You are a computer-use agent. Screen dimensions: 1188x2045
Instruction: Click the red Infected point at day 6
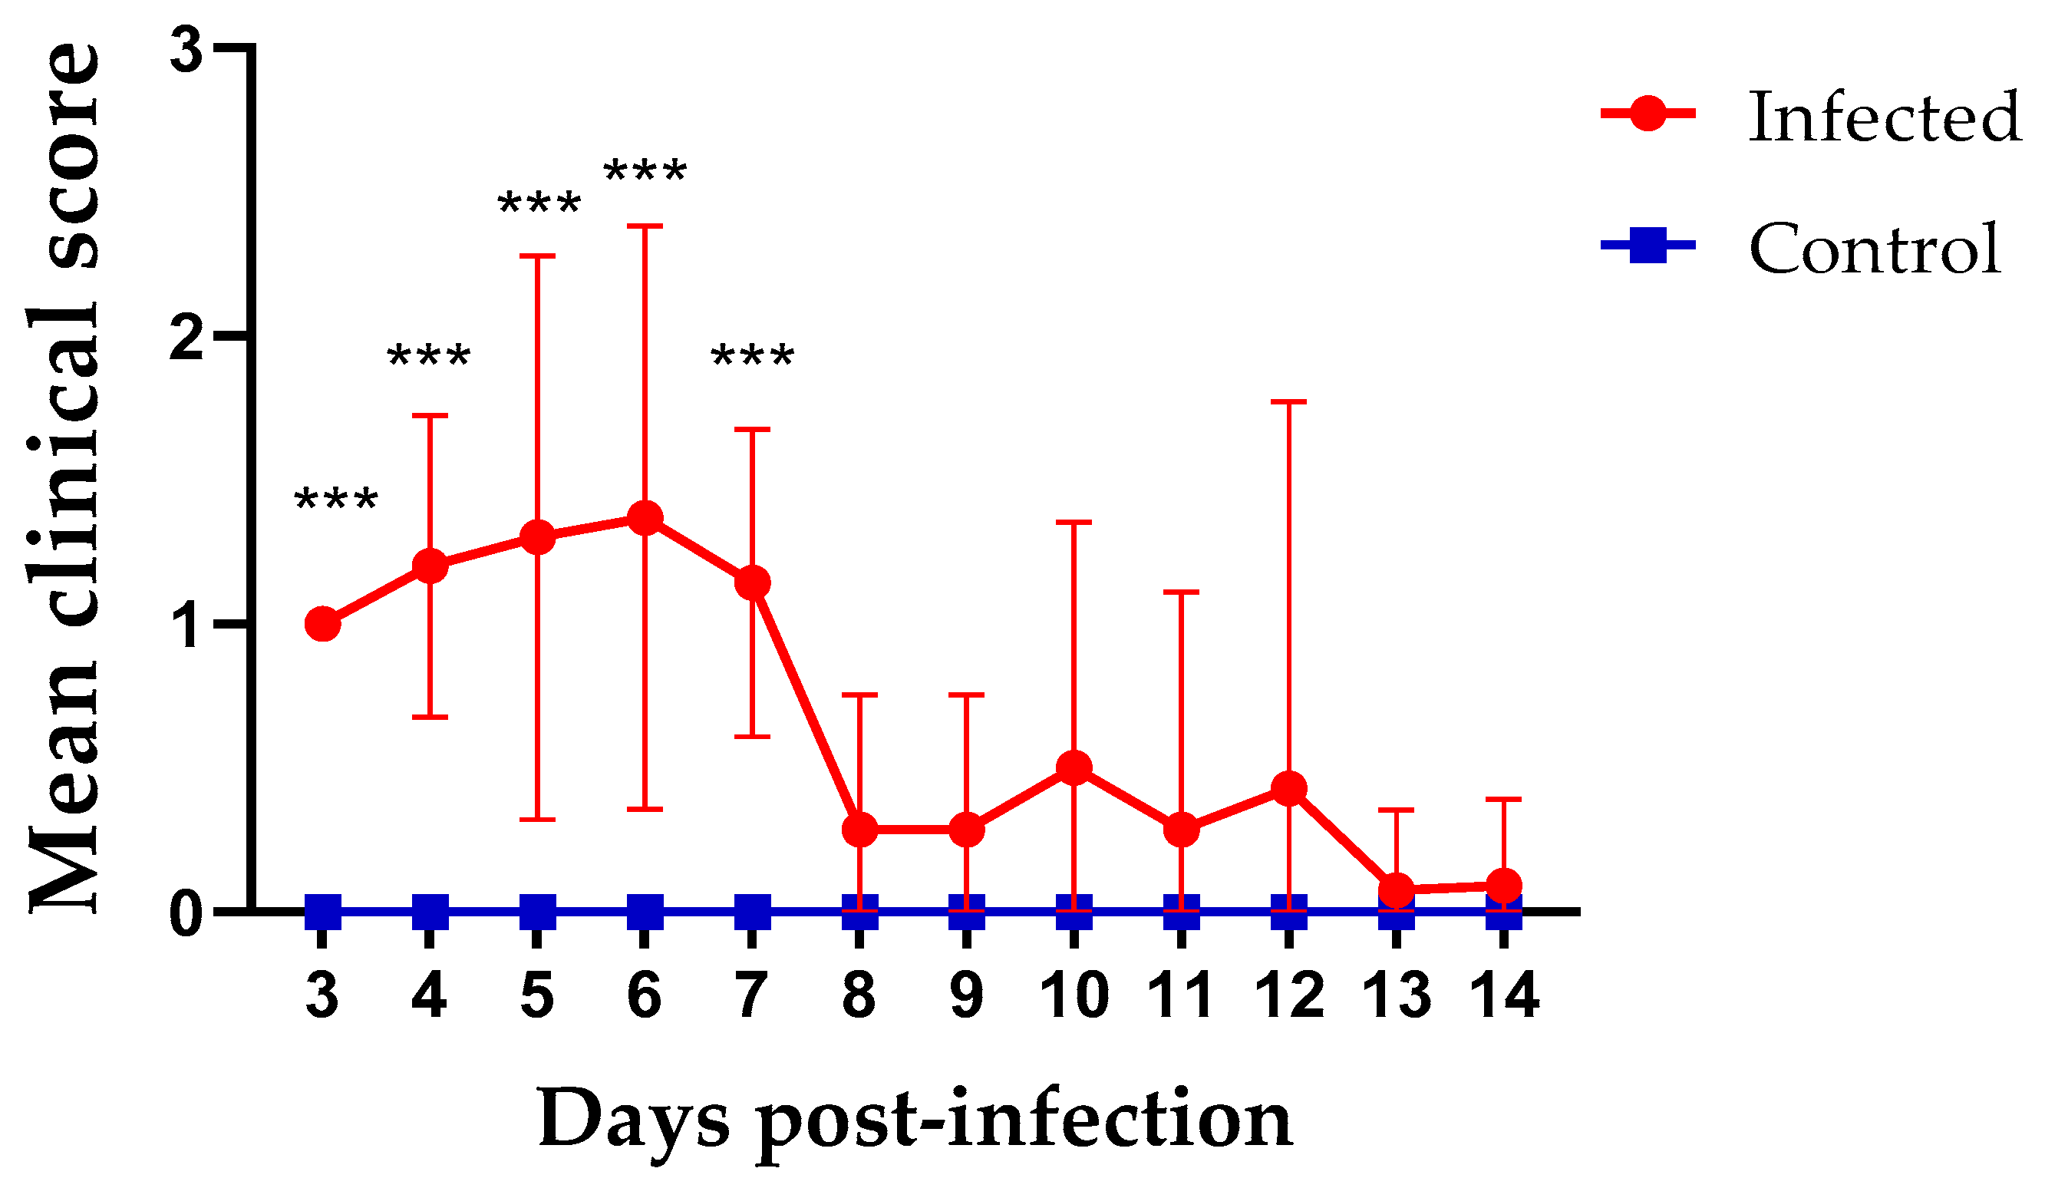point(645,518)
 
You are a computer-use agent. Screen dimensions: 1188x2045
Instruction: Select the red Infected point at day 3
point(323,624)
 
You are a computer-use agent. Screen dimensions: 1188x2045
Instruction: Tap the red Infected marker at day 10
point(1074,767)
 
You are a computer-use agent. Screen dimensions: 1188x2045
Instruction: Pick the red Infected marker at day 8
point(859,830)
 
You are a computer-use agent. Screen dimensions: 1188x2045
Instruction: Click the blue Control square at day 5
point(537,912)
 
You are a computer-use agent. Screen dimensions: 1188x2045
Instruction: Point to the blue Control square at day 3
point(323,912)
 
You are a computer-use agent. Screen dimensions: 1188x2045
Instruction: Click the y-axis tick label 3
point(186,51)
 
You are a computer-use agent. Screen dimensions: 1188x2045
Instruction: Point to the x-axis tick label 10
point(1074,995)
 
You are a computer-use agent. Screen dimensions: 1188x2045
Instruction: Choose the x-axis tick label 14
point(1505,995)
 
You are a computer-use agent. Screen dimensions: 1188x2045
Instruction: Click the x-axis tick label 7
point(751,995)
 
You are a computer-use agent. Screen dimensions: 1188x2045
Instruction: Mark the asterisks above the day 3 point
point(336,500)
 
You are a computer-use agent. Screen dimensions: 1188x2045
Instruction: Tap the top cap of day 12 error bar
point(1288,401)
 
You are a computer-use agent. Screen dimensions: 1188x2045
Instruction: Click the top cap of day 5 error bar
point(537,256)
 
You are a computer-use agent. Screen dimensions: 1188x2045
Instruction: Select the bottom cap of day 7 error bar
point(752,737)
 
